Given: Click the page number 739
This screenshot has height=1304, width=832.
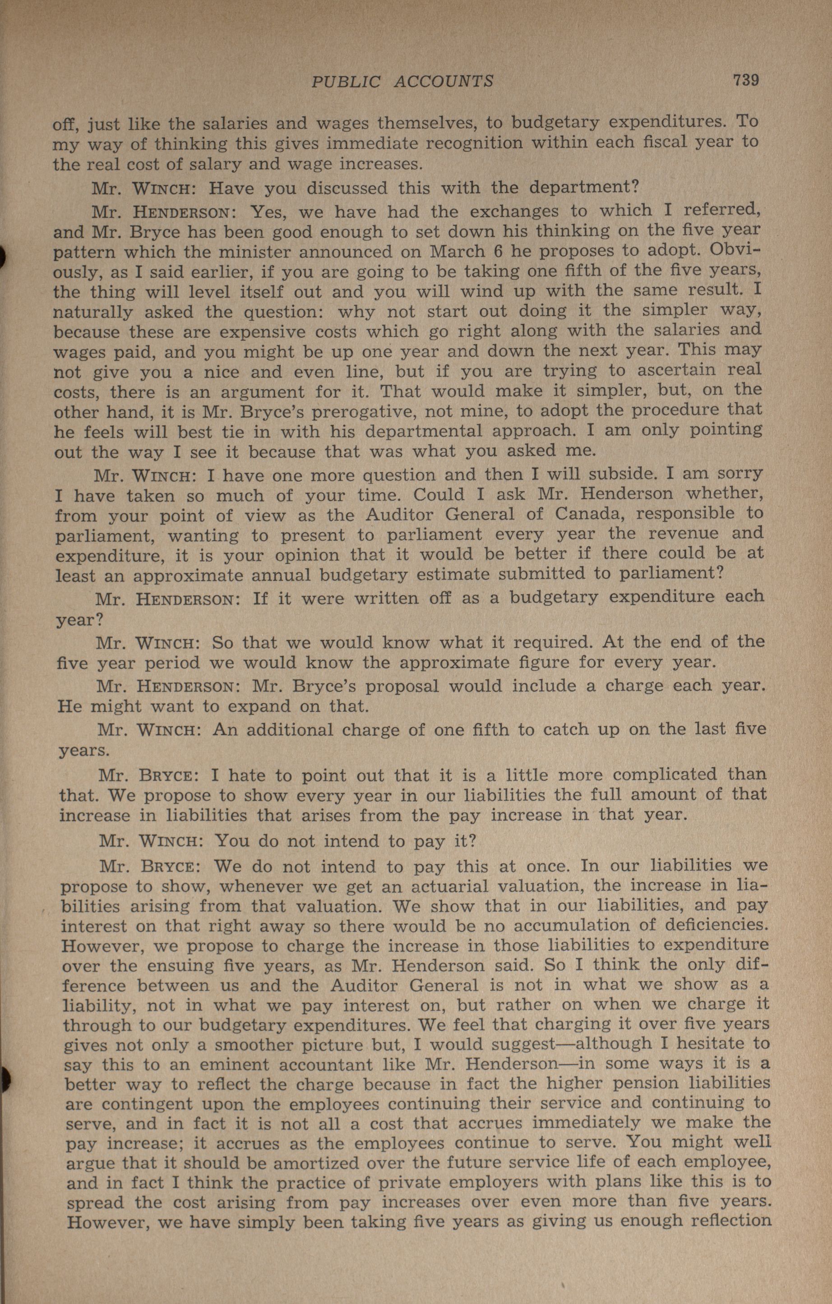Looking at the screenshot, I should pos(746,80).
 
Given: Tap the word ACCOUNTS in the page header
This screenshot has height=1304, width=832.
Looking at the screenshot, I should pos(444,82).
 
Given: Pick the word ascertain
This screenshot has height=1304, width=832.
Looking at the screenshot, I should pos(677,370).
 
